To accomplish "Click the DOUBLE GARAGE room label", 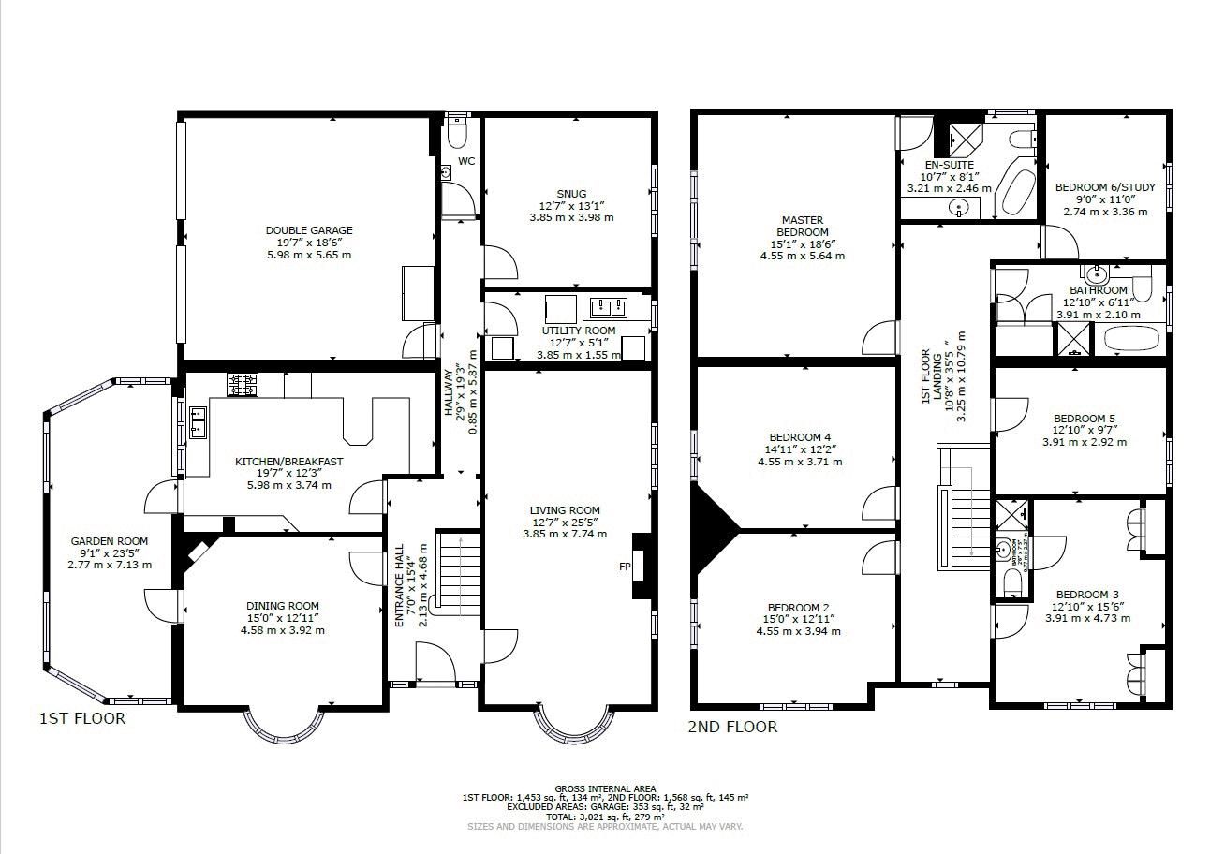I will click(x=308, y=230).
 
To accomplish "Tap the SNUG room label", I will click(x=570, y=194).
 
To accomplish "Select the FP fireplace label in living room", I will click(x=625, y=567).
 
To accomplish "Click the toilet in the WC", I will click(x=458, y=136).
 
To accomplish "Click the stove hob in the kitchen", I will click(x=242, y=384).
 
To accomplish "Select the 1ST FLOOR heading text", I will click(x=81, y=719).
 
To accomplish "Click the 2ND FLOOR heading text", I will click(x=732, y=727).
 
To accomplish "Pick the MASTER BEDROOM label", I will click(x=802, y=226).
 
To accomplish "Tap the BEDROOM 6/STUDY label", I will click(x=1105, y=187).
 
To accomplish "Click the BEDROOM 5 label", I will click(x=1084, y=419).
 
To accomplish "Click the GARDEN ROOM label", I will click(x=110, y=541).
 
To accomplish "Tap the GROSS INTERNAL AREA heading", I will click(x=605, y=788).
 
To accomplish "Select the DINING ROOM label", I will click(x=282, y=606).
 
